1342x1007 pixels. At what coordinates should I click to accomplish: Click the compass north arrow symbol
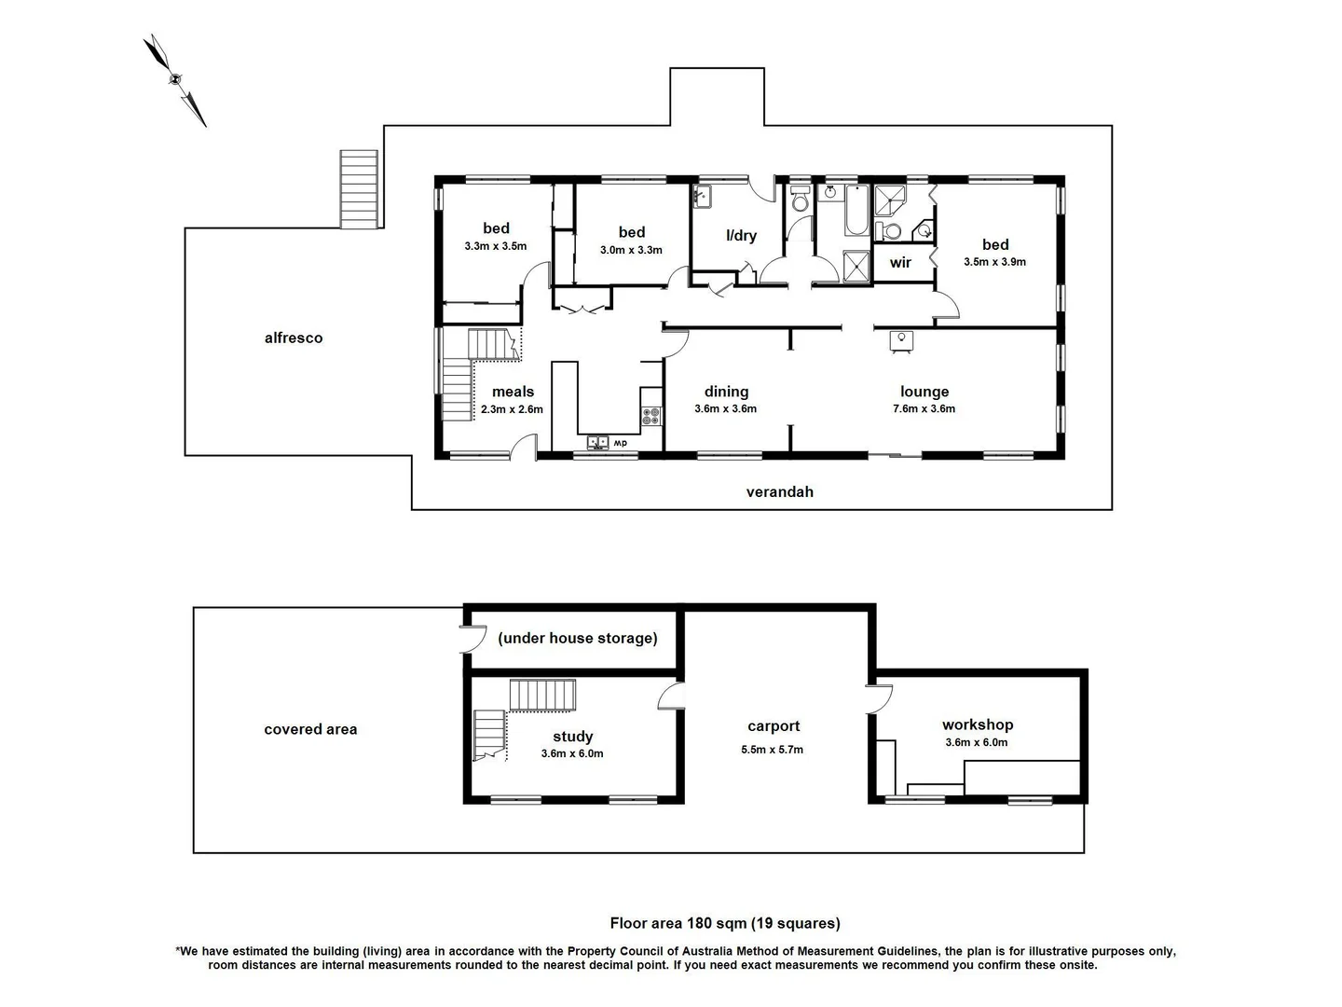pos(174,80)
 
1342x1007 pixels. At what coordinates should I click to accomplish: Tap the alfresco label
pos(294,338)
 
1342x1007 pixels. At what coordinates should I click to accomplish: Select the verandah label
pos(779,492)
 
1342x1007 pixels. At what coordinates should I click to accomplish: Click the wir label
pos(900,263)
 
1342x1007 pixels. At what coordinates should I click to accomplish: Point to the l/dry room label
pos(741,236)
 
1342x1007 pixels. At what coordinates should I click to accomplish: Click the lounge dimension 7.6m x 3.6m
pos(924,409)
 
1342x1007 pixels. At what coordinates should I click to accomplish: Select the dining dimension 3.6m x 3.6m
pos(725,409)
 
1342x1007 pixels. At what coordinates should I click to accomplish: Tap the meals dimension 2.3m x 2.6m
pos(512,409)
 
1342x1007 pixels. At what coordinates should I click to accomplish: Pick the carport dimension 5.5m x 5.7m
pos(773,750)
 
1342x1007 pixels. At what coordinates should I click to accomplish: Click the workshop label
pos(977,724)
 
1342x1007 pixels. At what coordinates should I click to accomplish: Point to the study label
pos(572,737)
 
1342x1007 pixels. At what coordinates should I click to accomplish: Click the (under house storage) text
pos(577,639)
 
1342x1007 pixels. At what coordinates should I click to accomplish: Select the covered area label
pos(310,730)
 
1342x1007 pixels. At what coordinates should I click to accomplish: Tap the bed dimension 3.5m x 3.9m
pos(994,262)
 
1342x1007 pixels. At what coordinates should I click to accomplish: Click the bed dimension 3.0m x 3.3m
pos(631,250)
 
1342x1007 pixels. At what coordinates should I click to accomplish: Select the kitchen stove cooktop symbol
pos(650,415)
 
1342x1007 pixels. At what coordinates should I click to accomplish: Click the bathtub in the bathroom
pos(856,211)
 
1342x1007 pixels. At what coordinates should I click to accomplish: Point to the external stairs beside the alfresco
pos(359,189)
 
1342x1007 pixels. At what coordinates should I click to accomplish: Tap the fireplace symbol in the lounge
pos(901,341)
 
